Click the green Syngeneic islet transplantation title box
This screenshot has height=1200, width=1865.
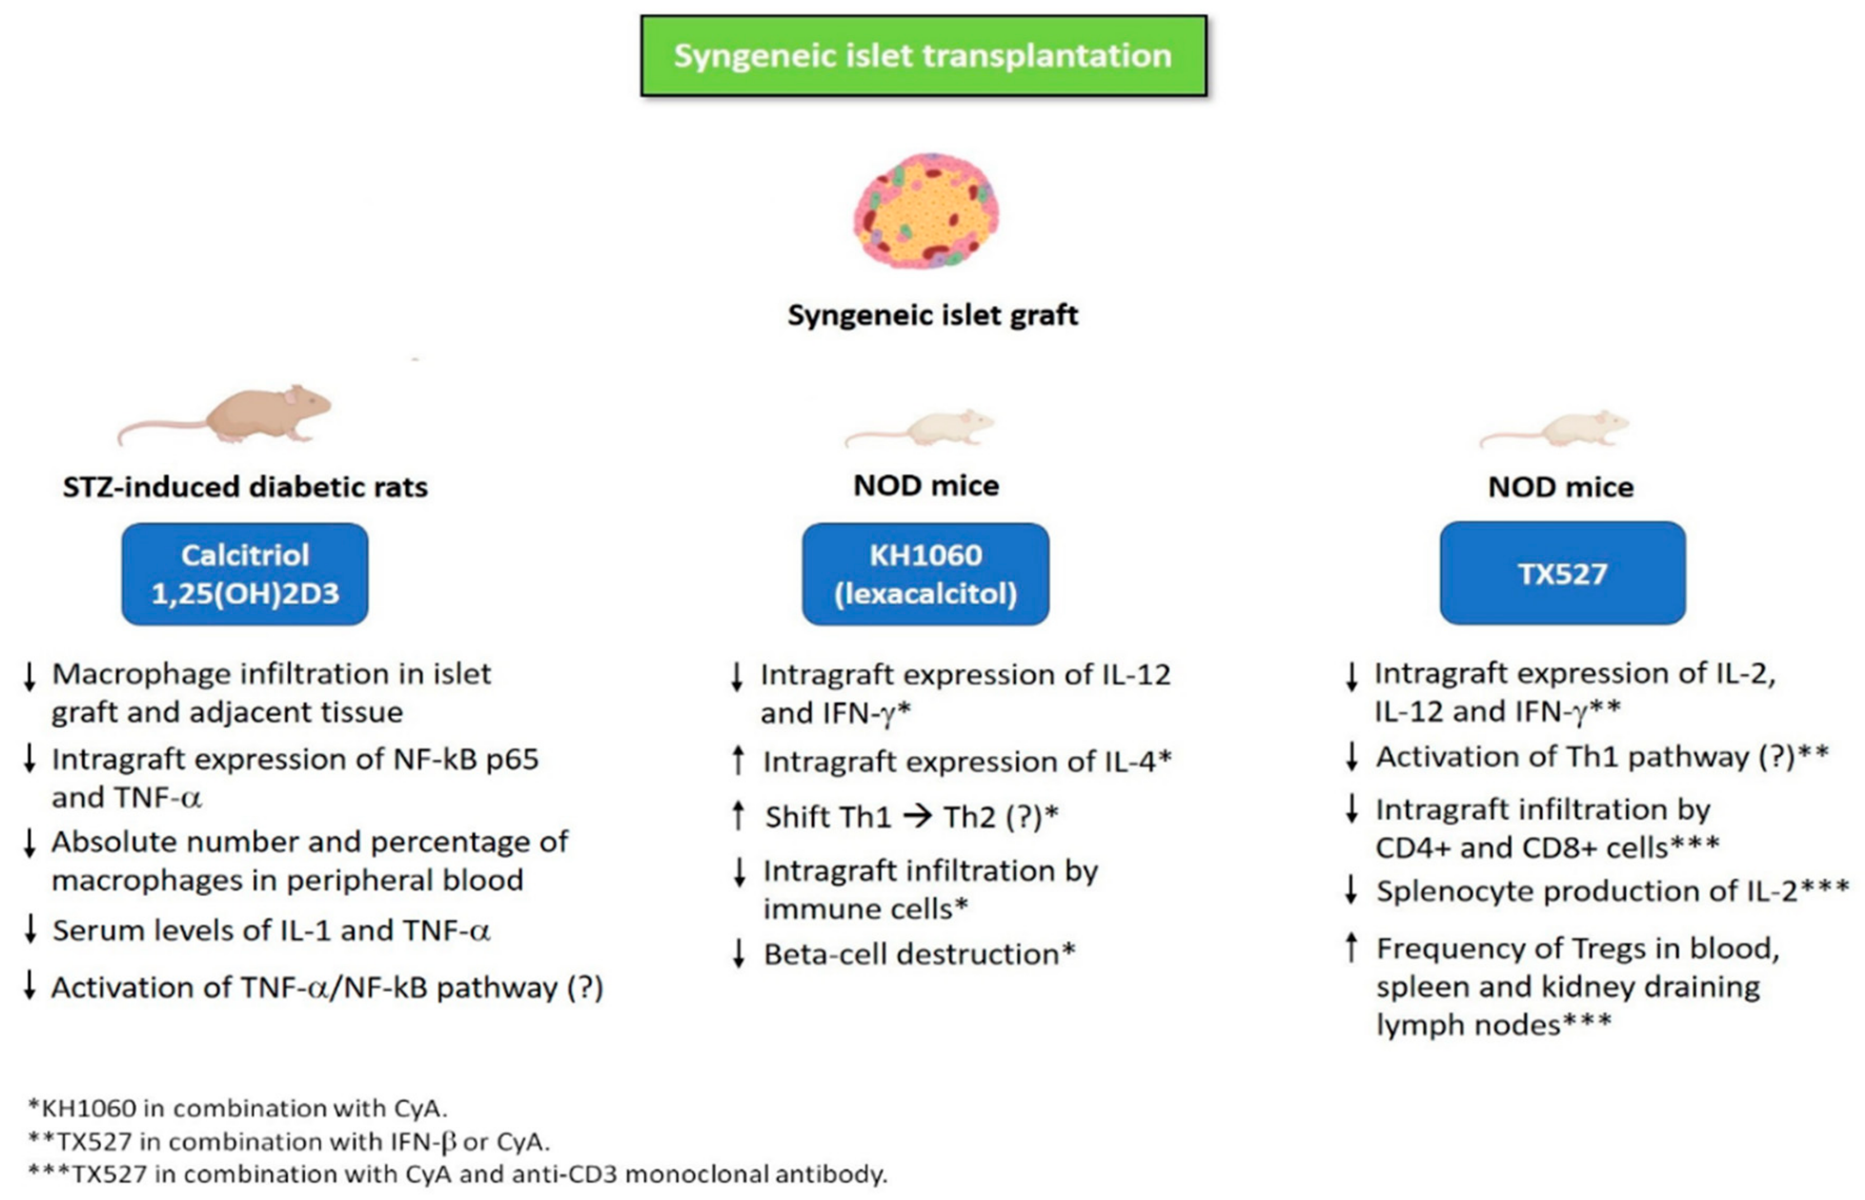(x=923, y=56)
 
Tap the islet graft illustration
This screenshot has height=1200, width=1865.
(x=926, y=211)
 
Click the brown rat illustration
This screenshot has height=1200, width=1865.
(x=234, y=417)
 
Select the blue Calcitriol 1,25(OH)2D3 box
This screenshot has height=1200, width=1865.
(x=245, y=574)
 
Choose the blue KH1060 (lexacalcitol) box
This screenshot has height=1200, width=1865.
(x=925, y=574)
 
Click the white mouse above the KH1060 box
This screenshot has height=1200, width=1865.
(x=928, y=428)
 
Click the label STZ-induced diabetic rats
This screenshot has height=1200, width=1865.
(x=245, y=487)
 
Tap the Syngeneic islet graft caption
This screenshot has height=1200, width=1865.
(x=932, y=316)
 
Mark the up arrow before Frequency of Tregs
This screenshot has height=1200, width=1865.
(x=1351, y=948)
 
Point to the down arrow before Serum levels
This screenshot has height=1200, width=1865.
(x=30, y=929)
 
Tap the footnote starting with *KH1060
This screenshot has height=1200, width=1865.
(x=238, y=1107)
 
